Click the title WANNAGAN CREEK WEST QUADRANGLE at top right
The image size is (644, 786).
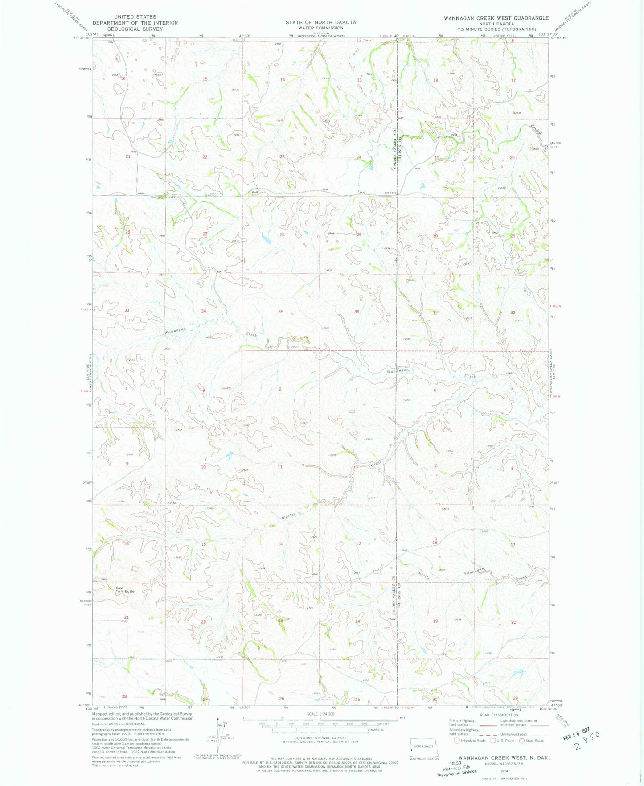(x=496, y=18)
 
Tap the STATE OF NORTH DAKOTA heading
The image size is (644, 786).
(x=321, y=22)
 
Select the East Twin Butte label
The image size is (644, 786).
(x=125, y=589)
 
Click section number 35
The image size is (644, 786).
(x=280, y=312)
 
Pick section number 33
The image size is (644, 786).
(x=127, y=310)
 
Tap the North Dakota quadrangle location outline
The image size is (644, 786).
(x=424, y=746)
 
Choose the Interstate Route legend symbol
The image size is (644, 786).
(x=457, y=741)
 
